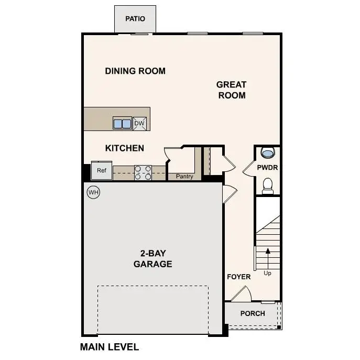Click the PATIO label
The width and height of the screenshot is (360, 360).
point(135,19)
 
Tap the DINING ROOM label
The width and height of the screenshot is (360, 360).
point(135,71)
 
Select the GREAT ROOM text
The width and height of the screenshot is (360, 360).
point(231,90)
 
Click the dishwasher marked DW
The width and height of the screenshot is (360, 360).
point(139,124)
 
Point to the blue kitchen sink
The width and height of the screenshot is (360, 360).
point(122,124)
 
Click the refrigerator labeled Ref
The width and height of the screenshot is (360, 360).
point(101,170)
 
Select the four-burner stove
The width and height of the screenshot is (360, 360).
point(143,172)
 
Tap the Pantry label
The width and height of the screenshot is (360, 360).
point(184,177)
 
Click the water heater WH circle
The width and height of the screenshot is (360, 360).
point(93,192)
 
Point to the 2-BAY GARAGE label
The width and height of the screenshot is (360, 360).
point(152,259)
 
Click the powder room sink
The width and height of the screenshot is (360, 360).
point(267,153)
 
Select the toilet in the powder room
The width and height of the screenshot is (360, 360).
point(268,186)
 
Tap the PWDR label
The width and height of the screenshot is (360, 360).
point(267,168)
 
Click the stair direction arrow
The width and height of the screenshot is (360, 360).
point(268,257)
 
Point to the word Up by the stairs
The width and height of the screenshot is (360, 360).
point(268,273)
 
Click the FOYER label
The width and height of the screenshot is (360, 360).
point(238,277)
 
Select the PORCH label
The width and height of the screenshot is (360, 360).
point(253,313)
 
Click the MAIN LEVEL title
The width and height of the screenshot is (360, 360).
point(109,347)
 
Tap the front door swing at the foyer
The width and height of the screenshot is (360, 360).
point(242,294)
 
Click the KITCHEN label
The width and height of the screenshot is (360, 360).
point(125,148)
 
